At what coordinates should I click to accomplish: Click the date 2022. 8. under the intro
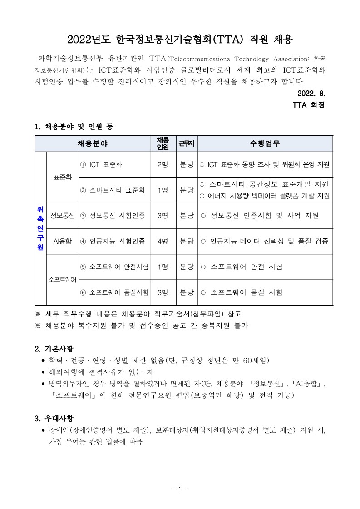[311, 94]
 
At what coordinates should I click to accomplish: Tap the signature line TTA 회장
[309, 105]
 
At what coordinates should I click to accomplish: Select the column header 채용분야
[93, 143]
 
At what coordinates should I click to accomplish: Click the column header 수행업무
[265, 143]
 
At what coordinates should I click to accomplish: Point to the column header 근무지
[186, 143]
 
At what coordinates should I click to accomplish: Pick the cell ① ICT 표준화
[101, 164]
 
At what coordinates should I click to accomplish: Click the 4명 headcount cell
[163, 241]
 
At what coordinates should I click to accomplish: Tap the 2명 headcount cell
[163, 164]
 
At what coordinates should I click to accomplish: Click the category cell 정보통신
[63, 215]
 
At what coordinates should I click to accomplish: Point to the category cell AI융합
[63, 241]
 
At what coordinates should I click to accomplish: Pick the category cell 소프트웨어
[63, 279]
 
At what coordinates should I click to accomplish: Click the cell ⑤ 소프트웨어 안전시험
[114, 266]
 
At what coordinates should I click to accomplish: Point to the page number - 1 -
[180, 489]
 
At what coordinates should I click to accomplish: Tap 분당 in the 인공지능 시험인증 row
[187, 241]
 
